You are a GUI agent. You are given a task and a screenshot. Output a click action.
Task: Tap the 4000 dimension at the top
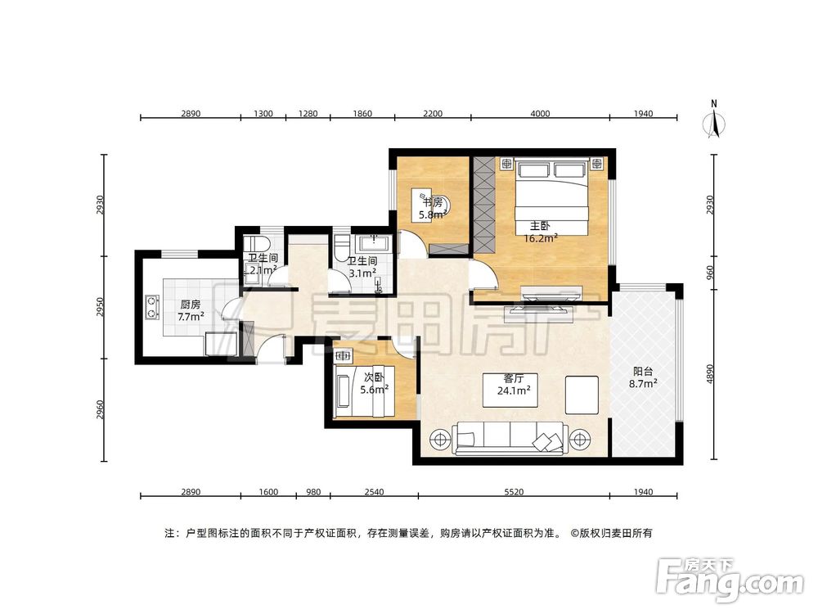[x=540, y=113]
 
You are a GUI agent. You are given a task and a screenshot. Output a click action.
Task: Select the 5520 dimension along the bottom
[x=514, y=491]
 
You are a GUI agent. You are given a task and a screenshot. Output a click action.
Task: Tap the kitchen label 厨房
[x=191, y=305]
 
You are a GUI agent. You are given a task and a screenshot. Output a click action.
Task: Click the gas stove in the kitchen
[x=152, y=307]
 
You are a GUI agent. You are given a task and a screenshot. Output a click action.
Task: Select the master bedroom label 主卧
[x=540, y=226]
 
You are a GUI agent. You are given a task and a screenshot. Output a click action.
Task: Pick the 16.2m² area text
[x=541, y=238]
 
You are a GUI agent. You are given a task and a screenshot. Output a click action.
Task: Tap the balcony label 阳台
[x=643, y=371]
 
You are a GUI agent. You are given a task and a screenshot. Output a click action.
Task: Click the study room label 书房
[x=433, y=202]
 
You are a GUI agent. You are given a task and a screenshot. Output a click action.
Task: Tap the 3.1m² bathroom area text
[x=362, y=273]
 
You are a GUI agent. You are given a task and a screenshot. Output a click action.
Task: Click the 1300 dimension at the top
[x=263, y=113]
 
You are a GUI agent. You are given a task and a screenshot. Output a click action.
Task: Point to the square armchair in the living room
[x=582, y=395]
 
